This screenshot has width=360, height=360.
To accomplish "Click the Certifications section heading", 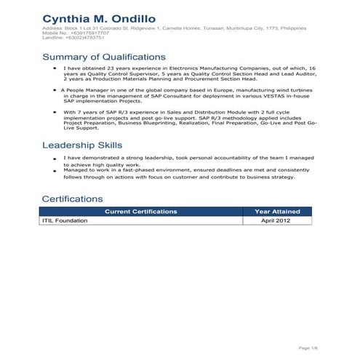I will tap(73, 199).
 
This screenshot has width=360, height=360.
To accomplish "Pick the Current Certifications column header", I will tap(141, 212).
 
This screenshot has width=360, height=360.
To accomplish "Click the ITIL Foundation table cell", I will tap(65, 220).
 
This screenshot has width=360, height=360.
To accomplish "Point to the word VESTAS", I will tap(249, 95).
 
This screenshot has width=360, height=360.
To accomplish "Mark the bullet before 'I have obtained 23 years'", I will tap(56, 67).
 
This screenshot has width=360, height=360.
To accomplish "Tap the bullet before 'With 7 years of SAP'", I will tap(55, 113).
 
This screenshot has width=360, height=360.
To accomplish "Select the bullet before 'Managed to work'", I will tap(56, 170).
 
